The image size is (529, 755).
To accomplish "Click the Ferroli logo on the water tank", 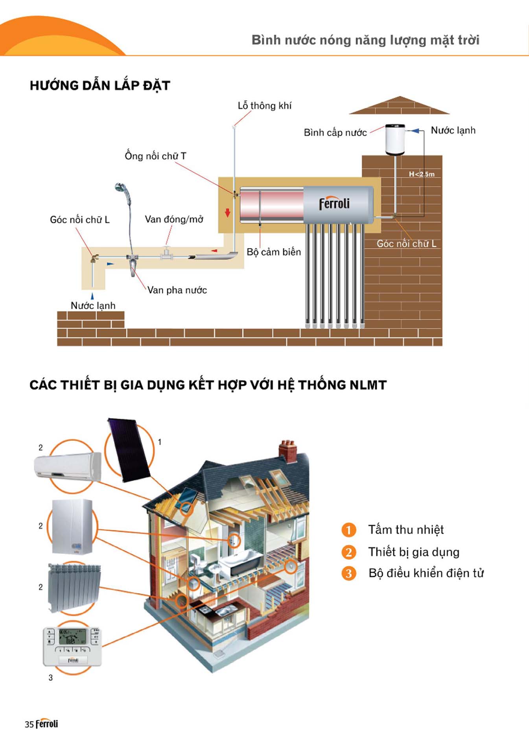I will click(x=334, y=203).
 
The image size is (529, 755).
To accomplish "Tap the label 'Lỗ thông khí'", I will click(x=264, y=106).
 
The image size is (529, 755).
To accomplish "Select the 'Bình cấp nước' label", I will click(x=335, y=133).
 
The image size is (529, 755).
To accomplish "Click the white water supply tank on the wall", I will click(x=395, y=140).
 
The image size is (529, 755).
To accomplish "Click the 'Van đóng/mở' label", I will click(x=174, y=219).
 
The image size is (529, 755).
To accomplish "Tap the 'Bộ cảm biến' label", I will click(x=274, y=252).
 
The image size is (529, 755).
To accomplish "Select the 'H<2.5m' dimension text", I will click(x=422, y=174).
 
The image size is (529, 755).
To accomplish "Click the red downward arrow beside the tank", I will click(x=227, y=212).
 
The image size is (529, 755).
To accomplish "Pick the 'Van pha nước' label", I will click(x=177, y=290).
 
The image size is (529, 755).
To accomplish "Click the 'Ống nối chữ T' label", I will click(x=155, y=156).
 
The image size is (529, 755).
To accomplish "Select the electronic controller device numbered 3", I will click(x=72, y=646).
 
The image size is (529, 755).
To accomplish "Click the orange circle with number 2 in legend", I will click(x=348, y=552).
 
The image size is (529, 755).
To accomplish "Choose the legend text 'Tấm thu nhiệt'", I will click(x=406, y=530).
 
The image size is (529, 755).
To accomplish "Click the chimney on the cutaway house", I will click(x=288, y=450).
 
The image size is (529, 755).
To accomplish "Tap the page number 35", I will click(x=29, y=724).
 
